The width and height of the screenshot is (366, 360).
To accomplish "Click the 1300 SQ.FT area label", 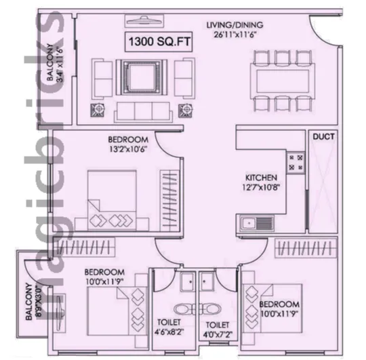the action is pyautogui.click(x=159, y=42).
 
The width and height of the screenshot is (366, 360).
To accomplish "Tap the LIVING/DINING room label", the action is pyautogui.click(x=235, y=25).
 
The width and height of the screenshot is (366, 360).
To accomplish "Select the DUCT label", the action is pyautogui.click(x=323, y=136).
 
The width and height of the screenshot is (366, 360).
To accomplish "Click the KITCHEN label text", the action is pyautogui.click(x=261, y=178).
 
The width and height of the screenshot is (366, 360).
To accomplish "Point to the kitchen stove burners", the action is pyautogui.click(x=296, y=163).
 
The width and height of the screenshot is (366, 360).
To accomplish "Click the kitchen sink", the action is pyautogui.click(x=257, y=223).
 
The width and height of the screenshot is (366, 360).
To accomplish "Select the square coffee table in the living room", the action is pyautogui.click(x=142, y=77).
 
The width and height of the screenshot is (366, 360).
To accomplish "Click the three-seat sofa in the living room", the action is pyautogui.click(x=143, y=112).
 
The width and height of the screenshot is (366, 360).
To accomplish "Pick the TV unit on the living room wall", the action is pyautogui.click(x=144, y=21).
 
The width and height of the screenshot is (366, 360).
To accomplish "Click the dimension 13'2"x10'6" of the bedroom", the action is pyautogui.click(x=128, y=149).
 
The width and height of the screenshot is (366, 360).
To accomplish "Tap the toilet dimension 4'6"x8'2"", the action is pyautogui.click(x=169, y=332).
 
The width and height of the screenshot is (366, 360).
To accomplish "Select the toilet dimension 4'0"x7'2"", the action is pyautogui.click(x=218, y=335).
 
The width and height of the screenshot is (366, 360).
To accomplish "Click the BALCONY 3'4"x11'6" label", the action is pyautogui.click(x=55, y=62).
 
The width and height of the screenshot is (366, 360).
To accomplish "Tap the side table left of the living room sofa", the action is pyautogui.click(x=98, y=110).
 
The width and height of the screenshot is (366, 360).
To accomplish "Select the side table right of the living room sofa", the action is pyautogui.click(x=185, y=110).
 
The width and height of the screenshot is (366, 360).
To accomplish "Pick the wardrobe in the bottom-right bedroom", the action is pyautogui.click(x=306, y=248).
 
